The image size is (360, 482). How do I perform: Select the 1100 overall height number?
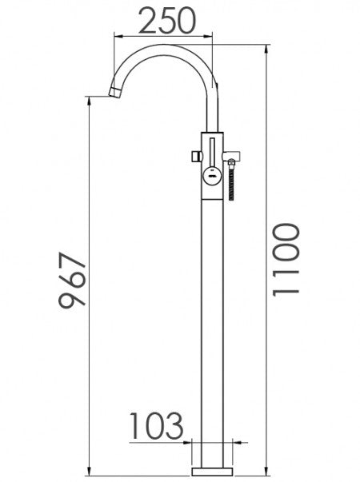pyautogui.click(x=286, y=260)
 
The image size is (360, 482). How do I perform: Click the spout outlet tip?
pyautogui.click(x=113, y=94)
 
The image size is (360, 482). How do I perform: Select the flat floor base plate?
pyautogui.click(x=213, y=468)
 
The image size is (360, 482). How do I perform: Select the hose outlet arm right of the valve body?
pyautogui.click(x=229, y=154)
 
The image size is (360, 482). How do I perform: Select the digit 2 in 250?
pyautogui.click(x=147, y=22)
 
